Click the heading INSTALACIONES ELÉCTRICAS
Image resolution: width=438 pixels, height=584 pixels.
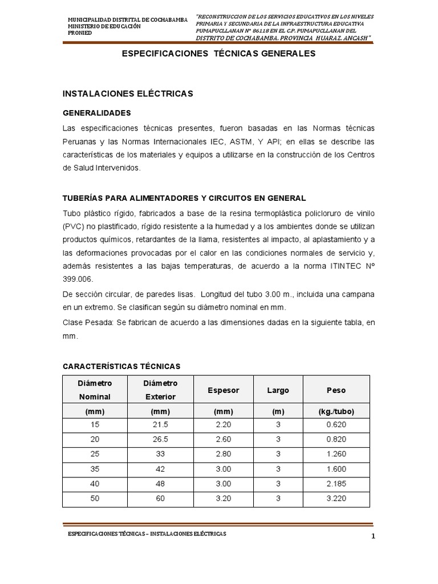127,93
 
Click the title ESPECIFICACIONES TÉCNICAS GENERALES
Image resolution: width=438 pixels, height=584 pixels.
219,54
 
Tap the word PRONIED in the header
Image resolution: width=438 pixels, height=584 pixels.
79,33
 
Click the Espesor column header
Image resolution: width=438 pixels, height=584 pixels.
224,391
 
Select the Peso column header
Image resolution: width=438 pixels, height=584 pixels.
336,391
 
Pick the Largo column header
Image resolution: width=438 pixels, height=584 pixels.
278,391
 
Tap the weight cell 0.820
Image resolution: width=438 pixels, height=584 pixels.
336,440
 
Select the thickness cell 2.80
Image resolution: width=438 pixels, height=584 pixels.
223,455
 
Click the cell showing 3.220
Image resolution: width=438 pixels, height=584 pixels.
336,498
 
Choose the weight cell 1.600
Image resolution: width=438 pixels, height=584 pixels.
336,469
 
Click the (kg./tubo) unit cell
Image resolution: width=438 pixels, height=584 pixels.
336,411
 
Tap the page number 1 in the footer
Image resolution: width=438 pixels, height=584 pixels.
372,537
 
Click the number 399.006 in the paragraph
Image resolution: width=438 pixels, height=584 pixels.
76,279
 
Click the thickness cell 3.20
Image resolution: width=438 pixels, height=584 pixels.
223,498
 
